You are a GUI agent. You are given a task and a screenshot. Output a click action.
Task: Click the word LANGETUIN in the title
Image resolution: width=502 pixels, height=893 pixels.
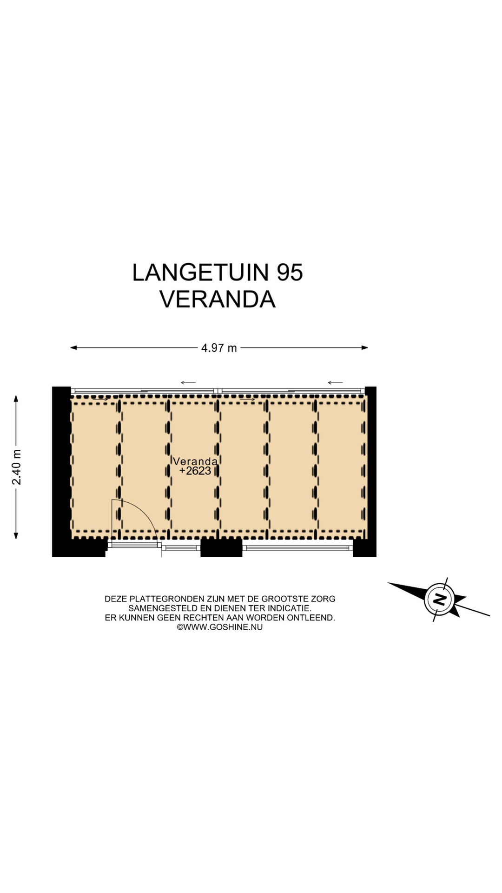click(201, 273)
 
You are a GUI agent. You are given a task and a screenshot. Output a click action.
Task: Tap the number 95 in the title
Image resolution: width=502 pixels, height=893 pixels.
click(290, 273)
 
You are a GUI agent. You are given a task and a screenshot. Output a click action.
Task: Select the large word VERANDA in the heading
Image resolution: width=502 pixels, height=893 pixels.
click(218, 299)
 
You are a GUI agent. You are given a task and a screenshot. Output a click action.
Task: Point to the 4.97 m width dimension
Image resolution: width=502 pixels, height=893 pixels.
click(219, 348)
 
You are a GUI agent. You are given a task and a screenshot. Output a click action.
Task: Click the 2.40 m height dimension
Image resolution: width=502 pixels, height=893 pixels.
click(17, 467)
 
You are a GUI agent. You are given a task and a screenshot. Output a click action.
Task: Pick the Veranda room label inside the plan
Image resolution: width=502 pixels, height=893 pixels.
click(195, 461)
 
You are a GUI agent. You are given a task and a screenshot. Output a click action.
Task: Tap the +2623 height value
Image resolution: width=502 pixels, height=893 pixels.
click(195, 471)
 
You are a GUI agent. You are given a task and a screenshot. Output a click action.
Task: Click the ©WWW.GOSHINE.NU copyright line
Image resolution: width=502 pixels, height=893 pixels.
click(219, 627)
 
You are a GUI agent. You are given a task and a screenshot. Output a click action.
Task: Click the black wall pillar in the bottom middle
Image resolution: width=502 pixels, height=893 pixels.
click(221, 547)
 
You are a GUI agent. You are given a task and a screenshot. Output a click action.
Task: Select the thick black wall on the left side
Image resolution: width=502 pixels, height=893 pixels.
click(61, 471)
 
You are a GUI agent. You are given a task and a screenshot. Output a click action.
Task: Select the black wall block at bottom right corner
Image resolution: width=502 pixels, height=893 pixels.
click(365, 547)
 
